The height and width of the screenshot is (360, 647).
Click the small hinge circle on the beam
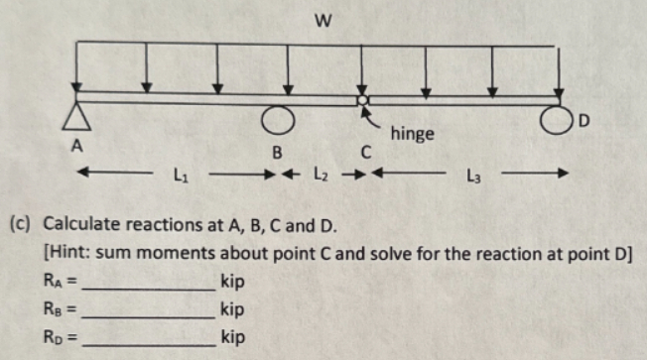[x=364, y=101]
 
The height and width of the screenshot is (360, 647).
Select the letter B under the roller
[x=279, y=152]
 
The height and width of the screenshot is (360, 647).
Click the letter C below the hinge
[x=365, y=152]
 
